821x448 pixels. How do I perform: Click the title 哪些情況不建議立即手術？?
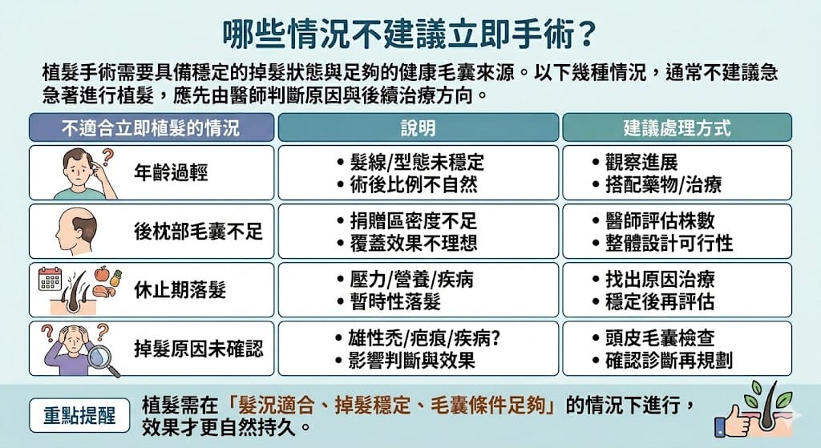410,34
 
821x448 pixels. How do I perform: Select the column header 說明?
418,127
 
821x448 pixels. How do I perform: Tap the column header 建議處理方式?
677,127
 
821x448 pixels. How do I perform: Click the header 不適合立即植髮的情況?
151,127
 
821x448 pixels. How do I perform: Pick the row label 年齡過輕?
171,173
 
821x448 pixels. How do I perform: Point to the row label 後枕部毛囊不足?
198,232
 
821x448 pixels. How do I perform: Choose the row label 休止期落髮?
180,290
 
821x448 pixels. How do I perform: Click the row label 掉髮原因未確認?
198,349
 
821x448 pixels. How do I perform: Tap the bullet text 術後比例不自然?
414,185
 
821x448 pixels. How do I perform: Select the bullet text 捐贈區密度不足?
414,221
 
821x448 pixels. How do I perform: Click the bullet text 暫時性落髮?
395,302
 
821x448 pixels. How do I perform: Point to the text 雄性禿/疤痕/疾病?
424,339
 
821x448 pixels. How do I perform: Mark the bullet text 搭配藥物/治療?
663,185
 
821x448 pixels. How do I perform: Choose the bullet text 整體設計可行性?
669,244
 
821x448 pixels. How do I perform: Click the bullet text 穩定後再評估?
660,302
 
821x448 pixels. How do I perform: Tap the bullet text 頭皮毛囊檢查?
660,338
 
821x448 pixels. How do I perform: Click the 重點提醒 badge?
79,416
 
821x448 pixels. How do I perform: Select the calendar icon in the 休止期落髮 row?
51,279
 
